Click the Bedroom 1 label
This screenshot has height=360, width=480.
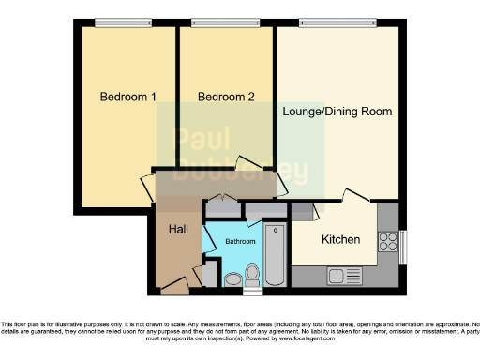[x=127, y=96]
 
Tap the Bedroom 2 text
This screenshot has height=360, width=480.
[x=225, y=96]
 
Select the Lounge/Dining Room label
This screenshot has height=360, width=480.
[x=337, y=112]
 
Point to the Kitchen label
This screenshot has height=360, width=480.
[x=340, y=240]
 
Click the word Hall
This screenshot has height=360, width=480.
[x=178, y=229]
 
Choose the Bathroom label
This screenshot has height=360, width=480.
[x=239, y=241]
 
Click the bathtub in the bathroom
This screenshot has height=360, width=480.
[x=275, y=254]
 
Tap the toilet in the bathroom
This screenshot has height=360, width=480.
[x=251, y=275]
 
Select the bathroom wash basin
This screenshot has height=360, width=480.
[x=231, y=277]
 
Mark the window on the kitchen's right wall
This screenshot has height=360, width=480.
[x=403, y=246]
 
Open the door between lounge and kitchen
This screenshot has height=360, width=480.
[x=359, y=195]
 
